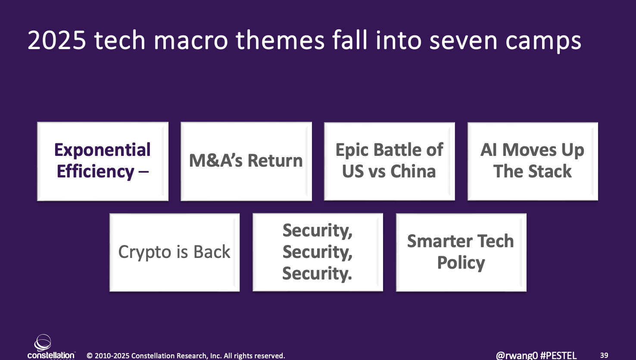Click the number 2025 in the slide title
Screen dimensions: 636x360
(57, 40)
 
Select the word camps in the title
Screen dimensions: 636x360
(543, 43)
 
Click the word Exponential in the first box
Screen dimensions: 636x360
(102, 150)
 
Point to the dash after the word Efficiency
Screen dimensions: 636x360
(143, 171)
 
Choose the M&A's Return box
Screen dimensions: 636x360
(246, 161)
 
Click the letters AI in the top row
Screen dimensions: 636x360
(489, 149)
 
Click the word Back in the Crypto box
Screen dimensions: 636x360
(212, 251)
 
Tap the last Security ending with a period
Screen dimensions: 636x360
(317, 273)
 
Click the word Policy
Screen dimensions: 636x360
(461, 263)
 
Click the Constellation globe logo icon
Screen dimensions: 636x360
(43, 342)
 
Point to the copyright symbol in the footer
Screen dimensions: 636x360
(90, 356)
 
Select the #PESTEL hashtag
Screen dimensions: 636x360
(558, 356)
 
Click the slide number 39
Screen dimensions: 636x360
(604, 355)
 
